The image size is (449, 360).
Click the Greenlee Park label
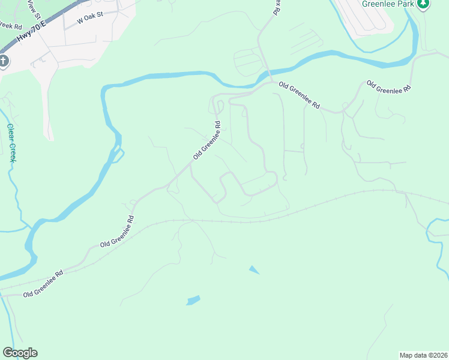[x=387, y=3]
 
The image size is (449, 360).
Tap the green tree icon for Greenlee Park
[x=423, y=4]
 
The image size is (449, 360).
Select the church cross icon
[x=3, y=61]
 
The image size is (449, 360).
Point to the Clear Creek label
[x=11, y=142]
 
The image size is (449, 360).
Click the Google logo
[x=20, y=353]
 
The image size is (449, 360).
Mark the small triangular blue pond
[x=255, y=270]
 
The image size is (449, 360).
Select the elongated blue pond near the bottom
[x=193, y=299]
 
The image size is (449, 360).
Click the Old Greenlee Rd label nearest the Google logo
[x=43, y=284]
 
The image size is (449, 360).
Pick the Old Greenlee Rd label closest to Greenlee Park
[x=388, y=87]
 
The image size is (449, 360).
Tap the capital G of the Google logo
[x=8, y=353]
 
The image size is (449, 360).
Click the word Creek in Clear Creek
[x=12, y=152]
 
